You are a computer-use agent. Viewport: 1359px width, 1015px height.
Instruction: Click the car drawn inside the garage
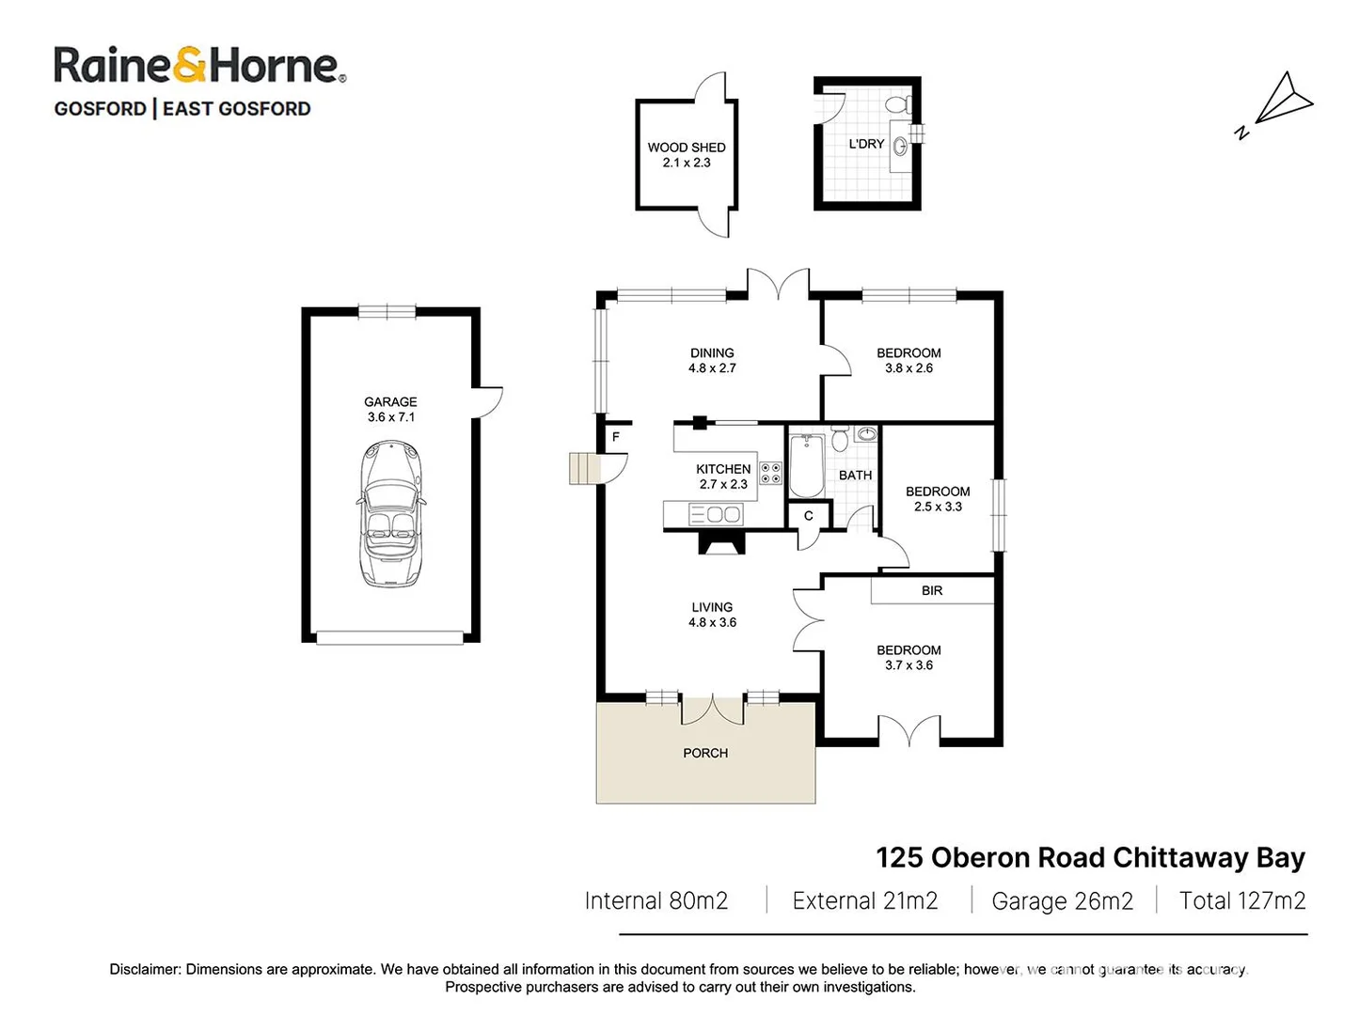point(390,514)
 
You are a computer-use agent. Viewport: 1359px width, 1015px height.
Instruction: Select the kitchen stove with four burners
point(770,473)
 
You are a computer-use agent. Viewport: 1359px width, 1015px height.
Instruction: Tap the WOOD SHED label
point(687,148)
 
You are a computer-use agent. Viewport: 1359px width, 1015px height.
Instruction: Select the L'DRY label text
point(866,144)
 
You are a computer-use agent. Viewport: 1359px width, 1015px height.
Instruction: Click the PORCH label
point(705,753)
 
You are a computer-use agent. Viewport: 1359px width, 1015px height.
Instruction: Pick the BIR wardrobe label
point(932,590)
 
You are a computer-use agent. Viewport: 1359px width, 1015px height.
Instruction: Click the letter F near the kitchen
point(616,437)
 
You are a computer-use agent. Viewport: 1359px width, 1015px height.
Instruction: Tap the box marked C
point(808,516)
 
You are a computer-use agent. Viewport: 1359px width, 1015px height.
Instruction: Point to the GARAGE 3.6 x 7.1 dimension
point(390,416)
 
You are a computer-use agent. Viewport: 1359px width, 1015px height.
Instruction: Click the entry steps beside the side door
point(584,468)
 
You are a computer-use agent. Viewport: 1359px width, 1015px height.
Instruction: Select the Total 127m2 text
point(1241,901)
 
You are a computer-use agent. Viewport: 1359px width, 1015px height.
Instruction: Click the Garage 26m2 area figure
point(1062,901)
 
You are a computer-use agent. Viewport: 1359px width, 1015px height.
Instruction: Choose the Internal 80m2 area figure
point(656,901)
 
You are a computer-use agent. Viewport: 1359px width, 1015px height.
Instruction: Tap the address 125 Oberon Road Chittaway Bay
point(1090,857)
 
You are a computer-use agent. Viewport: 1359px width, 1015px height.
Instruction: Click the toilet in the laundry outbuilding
point(899,104)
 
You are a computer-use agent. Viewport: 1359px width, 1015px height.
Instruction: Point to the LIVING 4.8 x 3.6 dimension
point(712,622)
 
